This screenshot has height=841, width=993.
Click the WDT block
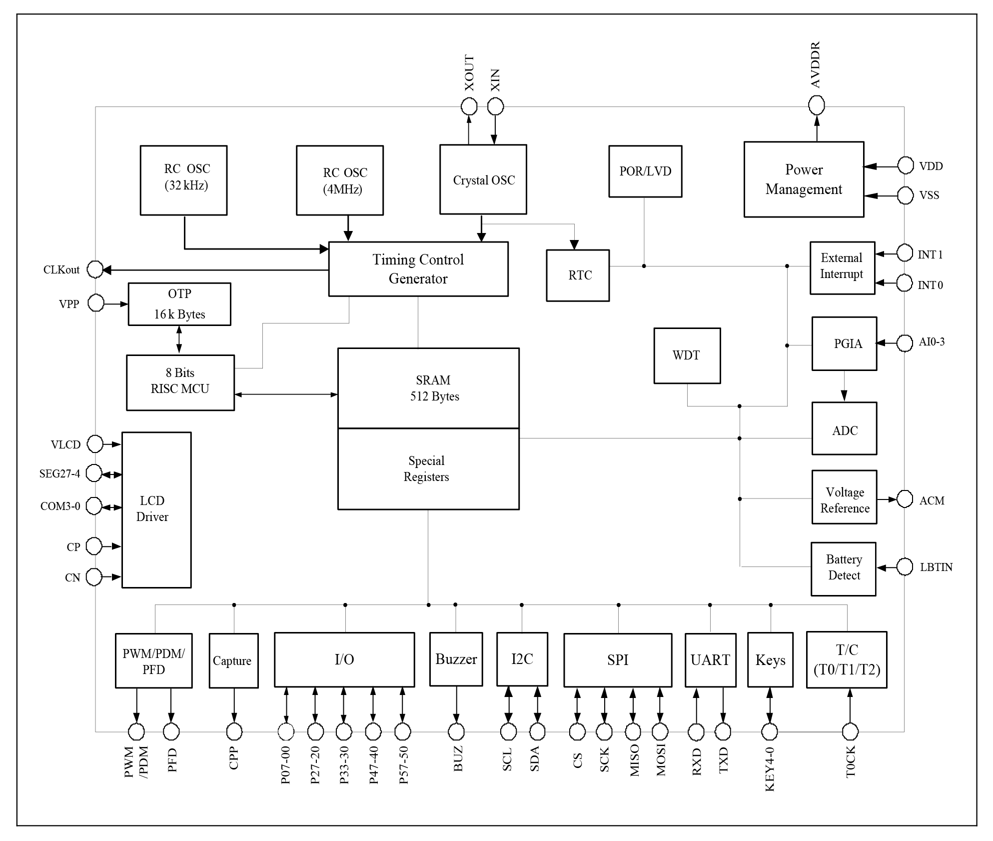[x=687, y=355]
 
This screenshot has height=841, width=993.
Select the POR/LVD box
[x=645, y=171]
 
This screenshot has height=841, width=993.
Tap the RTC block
[x=577, y=275]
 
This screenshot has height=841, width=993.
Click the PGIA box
[x=844, y=343]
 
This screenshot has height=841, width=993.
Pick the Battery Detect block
[x=843, y=568]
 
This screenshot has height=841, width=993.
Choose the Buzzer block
[x=456, y=659]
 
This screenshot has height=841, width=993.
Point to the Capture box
[x=233, y=660]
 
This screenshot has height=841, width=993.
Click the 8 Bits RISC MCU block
[x=180, y=382]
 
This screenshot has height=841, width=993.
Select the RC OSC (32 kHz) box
[x=183, y=180]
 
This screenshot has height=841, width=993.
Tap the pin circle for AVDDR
[x=816, y=105]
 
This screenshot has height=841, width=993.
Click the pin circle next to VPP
[x=96, y=303]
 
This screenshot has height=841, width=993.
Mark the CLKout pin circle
[x=95, y=269]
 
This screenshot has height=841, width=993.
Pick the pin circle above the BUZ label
[x=456, y=732]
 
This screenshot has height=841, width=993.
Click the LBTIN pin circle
[x=905, y=567]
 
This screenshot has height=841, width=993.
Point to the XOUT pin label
[x=469, y=73]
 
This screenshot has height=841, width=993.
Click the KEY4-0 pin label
[x=770, y=769]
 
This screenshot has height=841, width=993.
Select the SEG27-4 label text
[x=59, y=473]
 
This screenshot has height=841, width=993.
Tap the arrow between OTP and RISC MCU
[x=179, y=340]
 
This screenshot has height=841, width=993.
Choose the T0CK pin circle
[x=850, y=732]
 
